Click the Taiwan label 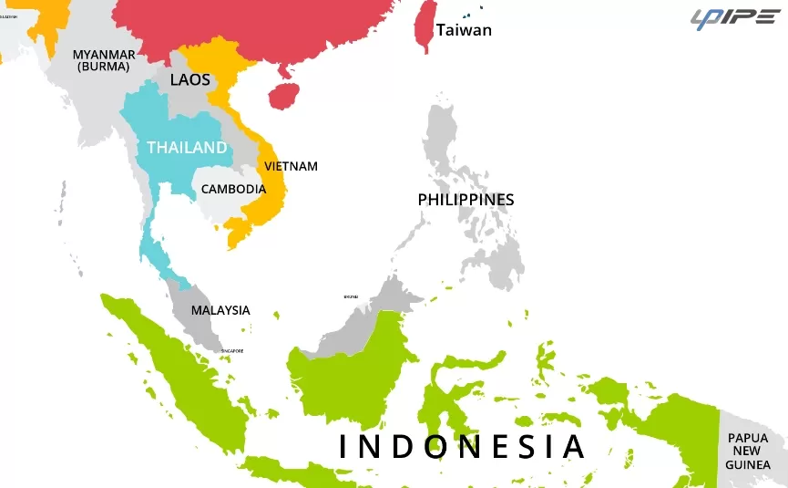click(x=464, y=30)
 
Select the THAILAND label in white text click(x=187, y=147)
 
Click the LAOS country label click(x=189, y=79)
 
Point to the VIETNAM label click(x=291, y=166)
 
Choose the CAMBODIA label click(x=233, y=189)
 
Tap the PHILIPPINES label click(x=466, y=199)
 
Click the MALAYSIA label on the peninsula click(x=220, y=310)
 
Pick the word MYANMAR click(x=104, y=55)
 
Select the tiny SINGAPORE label click(x=232, y=351)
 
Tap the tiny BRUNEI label click(x=351, y=296)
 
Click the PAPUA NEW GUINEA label click(x=748, y=451)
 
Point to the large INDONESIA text click(x=461, y=447)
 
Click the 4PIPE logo click(x=734, y=18)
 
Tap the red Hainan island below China click(x=285, y=93)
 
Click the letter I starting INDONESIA click(x=343, y=447)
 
